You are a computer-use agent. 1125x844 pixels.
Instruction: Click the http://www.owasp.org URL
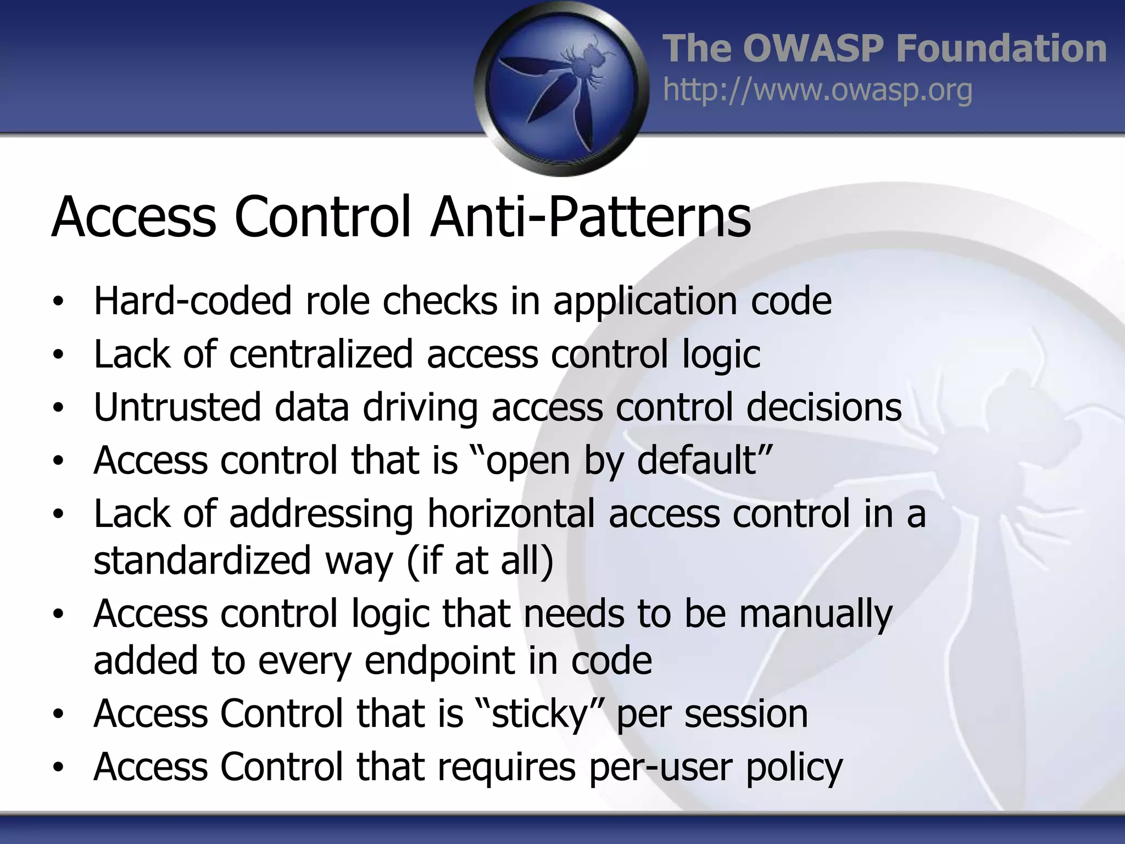[x=817, y=90]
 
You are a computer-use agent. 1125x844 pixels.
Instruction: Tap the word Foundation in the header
[x=1001, y=48]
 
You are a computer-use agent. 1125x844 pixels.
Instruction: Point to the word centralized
[x=321, y=354]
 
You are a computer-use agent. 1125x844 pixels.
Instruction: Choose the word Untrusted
[x=177, y=407]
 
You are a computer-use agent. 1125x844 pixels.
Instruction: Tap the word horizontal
[x=511, y=514]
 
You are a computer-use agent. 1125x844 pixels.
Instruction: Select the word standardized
[x=202, y=560]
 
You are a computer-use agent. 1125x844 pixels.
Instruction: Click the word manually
[x=816, y=614]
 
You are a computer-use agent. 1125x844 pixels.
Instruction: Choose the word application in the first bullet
[x=645, y=302]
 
